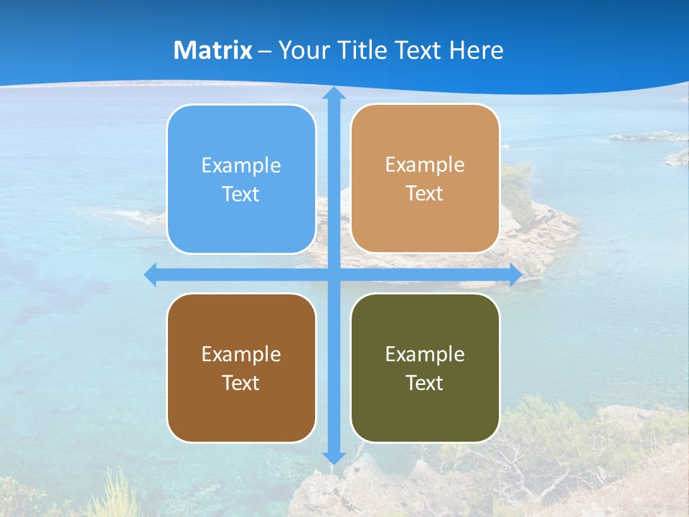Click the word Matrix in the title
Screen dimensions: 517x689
tap(213, 50)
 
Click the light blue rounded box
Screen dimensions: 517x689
tap(241, 180)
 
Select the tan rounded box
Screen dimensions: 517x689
tap(425, 179)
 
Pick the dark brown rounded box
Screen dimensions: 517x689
tap(241, 368)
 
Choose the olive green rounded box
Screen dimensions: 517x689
tap(425, 368)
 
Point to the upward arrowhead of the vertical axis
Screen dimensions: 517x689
tap(334, 93)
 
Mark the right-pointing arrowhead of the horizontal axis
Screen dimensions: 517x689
tap(515, 274)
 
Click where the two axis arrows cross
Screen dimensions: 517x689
tap(334, 274)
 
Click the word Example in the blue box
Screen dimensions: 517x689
tap(241, 166)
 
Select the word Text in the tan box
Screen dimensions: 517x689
tap(425, 194)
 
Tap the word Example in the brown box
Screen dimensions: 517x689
tap(241, 355)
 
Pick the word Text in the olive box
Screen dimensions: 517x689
tap(425, 383)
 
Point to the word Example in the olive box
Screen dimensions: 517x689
tap(425, 355)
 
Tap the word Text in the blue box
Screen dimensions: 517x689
tap(241, 195)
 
